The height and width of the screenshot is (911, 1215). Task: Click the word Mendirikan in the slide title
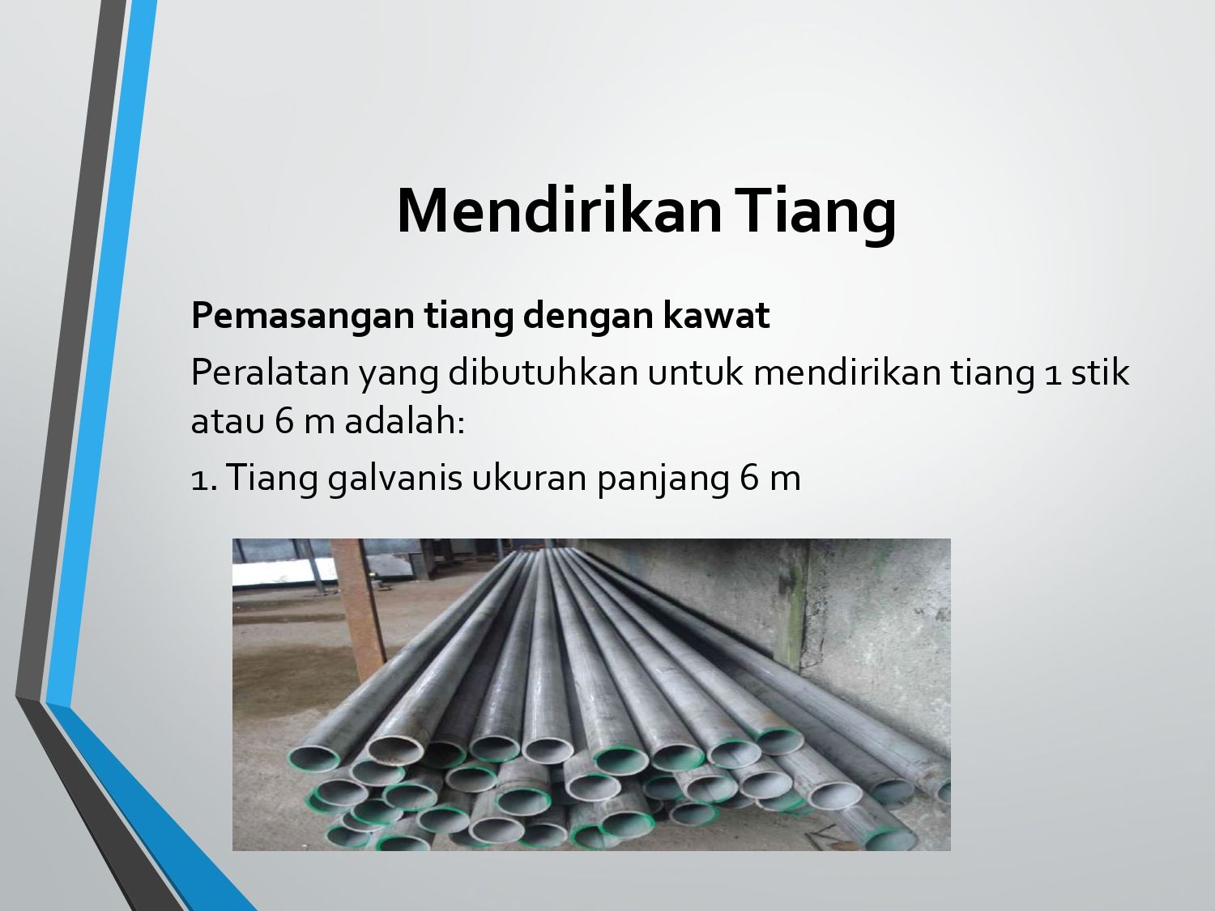(x=560, y=211)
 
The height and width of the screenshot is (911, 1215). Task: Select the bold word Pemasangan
(x=303, y=317)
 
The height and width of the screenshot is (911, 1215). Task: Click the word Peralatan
(x=270, y=373)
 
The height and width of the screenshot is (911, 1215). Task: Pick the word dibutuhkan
(x=543, y=372)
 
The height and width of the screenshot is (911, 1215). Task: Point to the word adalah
(x=404, y=421)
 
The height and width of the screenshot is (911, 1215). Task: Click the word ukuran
(x=529, y=478)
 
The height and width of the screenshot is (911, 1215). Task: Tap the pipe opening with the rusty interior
(x=395, y=751)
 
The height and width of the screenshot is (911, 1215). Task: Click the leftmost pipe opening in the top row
(x=313, y=758)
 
